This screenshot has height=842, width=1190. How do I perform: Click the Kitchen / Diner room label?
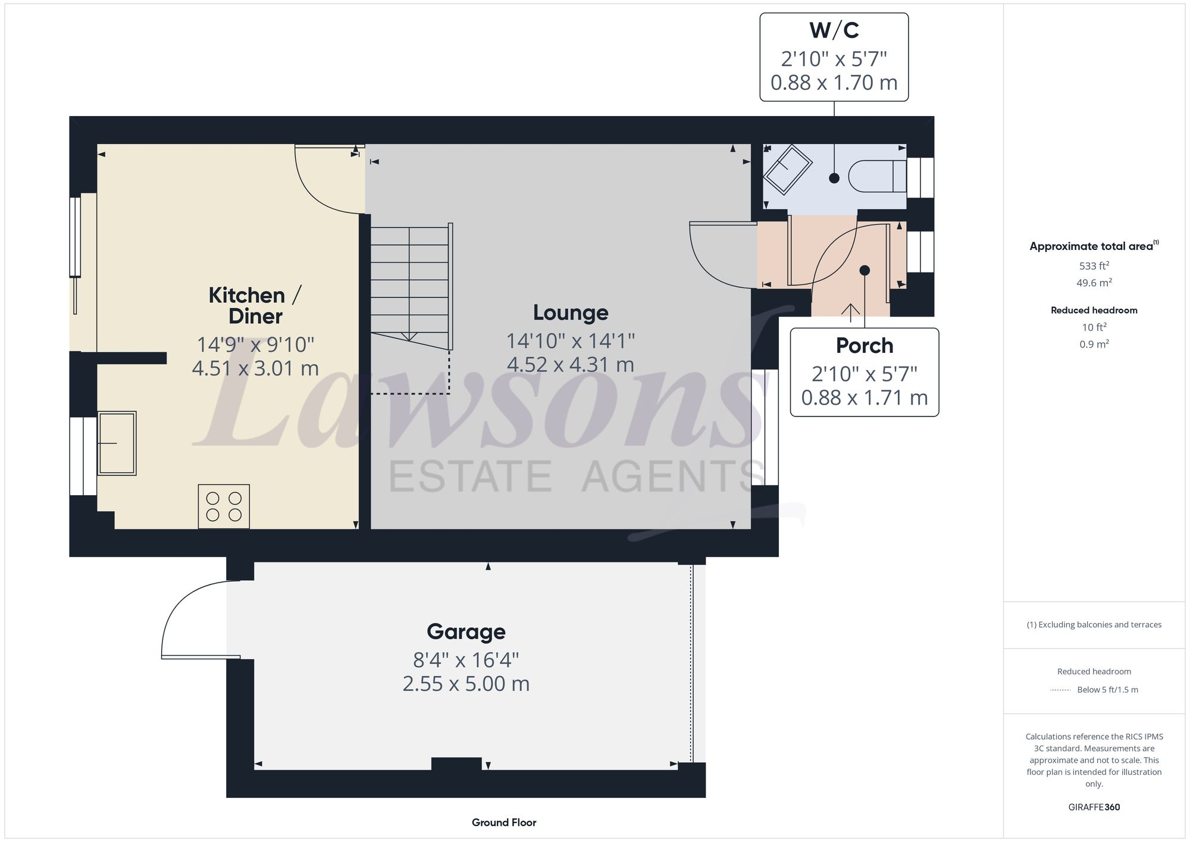click(255, 305)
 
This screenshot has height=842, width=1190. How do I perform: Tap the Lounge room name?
click(571, 312)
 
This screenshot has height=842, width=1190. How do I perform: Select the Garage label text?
click(466, 631)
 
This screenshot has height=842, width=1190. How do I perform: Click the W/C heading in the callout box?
click(834, 30)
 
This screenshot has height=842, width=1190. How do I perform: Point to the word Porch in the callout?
click(864, 346)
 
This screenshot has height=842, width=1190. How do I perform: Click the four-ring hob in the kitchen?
click(224, 506)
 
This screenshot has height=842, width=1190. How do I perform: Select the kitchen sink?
click(117, 443)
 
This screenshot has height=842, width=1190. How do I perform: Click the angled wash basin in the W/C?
click(788, 168)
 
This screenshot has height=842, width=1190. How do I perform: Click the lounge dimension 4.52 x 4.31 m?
click(571, 364)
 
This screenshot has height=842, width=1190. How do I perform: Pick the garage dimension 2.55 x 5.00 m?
click(466, 684)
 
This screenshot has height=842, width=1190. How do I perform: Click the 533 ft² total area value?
click(1094, 266)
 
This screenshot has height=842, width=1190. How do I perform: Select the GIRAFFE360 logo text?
click(1094, 807)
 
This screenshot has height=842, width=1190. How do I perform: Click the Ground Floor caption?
click(504, 822)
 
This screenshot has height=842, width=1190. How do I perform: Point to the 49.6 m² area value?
click(1094, 283)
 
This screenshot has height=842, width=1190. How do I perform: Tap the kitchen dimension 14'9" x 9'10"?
click(255, 345)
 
